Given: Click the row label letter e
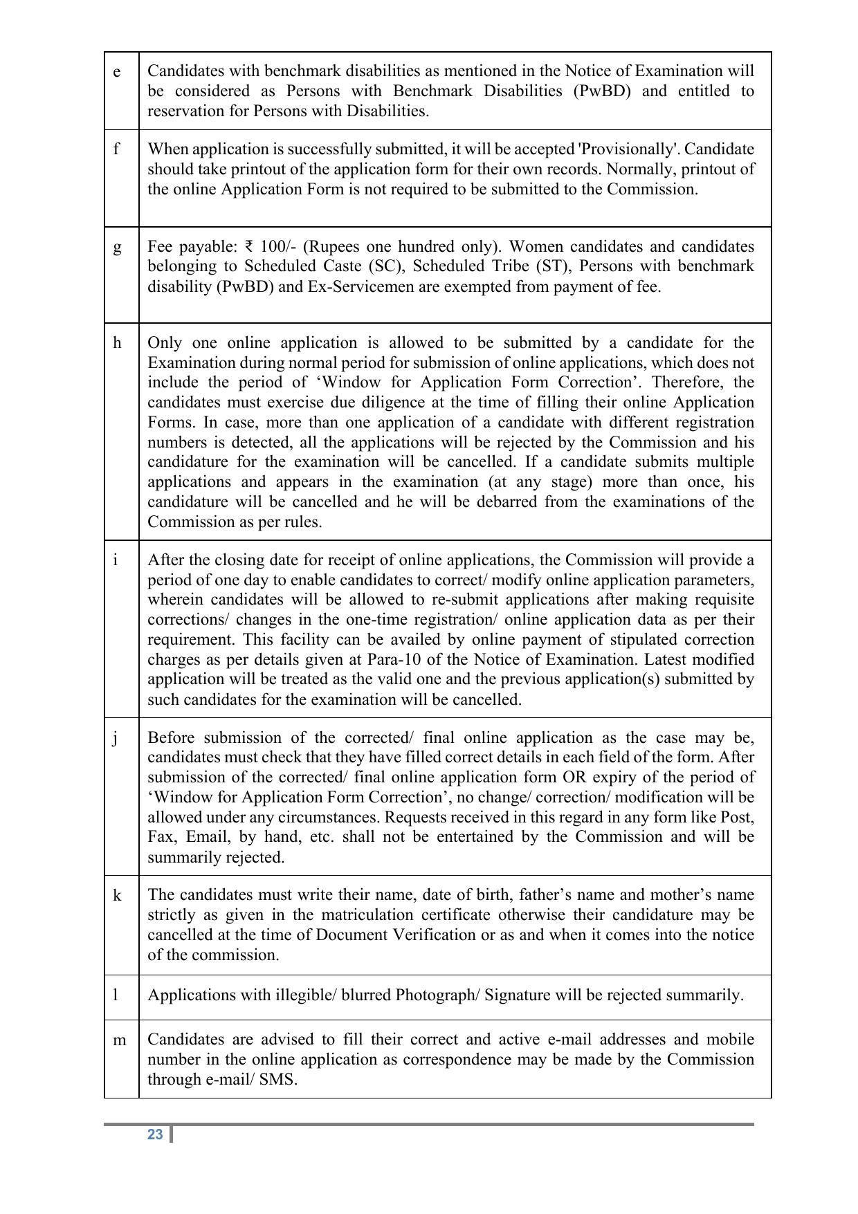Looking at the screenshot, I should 116,72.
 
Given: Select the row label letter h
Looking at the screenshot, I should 117,343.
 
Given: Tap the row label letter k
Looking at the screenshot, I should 117,896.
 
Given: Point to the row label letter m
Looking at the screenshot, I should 119,1040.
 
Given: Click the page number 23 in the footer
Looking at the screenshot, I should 155,1134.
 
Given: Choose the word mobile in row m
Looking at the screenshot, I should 730,1040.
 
